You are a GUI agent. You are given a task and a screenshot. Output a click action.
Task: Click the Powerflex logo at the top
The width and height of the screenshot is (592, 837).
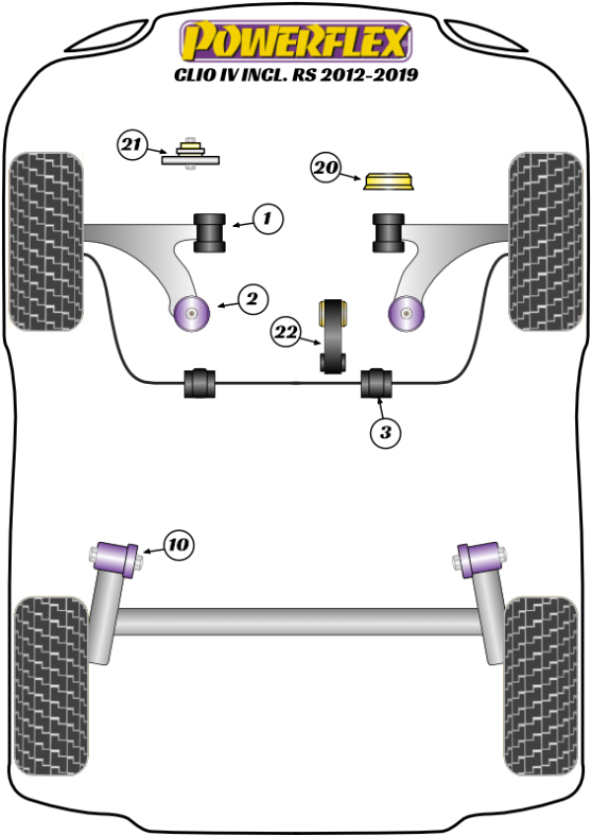pyautogui.click(x=294, y=43)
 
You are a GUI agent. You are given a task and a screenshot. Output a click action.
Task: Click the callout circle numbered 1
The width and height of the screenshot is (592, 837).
pyautogui.click(x=266, y=218)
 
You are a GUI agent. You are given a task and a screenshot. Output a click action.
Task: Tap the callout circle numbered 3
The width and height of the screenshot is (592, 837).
pyautogui.click(x=386, y=432)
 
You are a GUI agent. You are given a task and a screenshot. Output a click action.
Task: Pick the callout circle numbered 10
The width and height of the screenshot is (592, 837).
pyautogui.click(x=179, y=544)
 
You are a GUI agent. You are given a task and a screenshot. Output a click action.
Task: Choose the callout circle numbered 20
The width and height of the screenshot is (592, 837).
pyautogui.click(x=327, y=170)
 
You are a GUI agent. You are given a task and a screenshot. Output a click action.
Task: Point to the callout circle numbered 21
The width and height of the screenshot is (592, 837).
pyautogui.click(x=131, y=147)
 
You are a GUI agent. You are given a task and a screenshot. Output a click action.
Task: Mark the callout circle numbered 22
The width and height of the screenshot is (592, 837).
pyautogui.click(x=287, y=334)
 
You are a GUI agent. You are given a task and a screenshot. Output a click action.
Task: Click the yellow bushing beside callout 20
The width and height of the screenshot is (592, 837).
pyautogui.click(x=389, y=181)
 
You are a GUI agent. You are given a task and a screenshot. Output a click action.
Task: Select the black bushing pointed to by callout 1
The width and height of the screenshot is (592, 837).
pyautogui.click(x=210, y=231)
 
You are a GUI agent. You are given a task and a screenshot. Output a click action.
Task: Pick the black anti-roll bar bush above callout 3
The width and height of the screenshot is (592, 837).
pyautogui.click(x=377, y=382)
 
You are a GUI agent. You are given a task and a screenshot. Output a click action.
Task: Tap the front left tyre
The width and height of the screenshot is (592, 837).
pyautogui.click(x=45, y=240)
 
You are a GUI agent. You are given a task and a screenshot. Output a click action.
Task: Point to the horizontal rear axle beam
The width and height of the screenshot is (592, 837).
pyautogui.click(x=296, y=622)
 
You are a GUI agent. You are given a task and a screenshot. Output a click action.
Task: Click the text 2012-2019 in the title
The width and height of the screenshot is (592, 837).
pyautogui.click(x=370, y=75)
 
